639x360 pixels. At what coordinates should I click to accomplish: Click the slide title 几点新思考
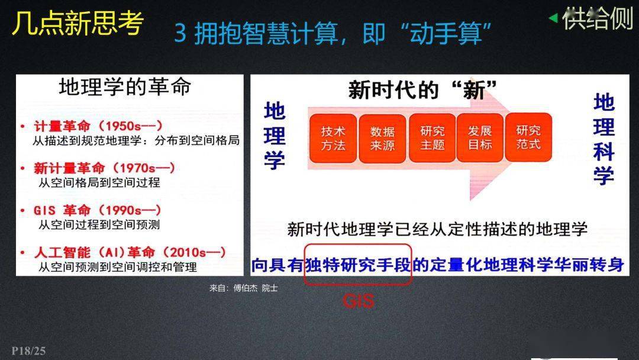pos(78,24)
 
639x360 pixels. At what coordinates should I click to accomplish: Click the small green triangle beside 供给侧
pos(553,18)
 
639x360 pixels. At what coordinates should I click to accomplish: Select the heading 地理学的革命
pos(125,87)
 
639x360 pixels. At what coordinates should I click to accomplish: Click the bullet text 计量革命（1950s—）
pos(98,126)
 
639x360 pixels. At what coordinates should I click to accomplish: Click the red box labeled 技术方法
pos(333,138)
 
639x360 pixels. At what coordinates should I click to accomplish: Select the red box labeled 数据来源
pos(382,138)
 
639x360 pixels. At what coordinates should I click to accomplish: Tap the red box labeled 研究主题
pos(432,138)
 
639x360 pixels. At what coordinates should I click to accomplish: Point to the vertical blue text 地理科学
pos(603,139)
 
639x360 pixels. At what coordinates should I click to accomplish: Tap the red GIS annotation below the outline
pos(358,301)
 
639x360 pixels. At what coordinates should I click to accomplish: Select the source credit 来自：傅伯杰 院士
pos(243,288)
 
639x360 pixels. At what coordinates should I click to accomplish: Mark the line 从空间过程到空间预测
pos(99,225)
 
